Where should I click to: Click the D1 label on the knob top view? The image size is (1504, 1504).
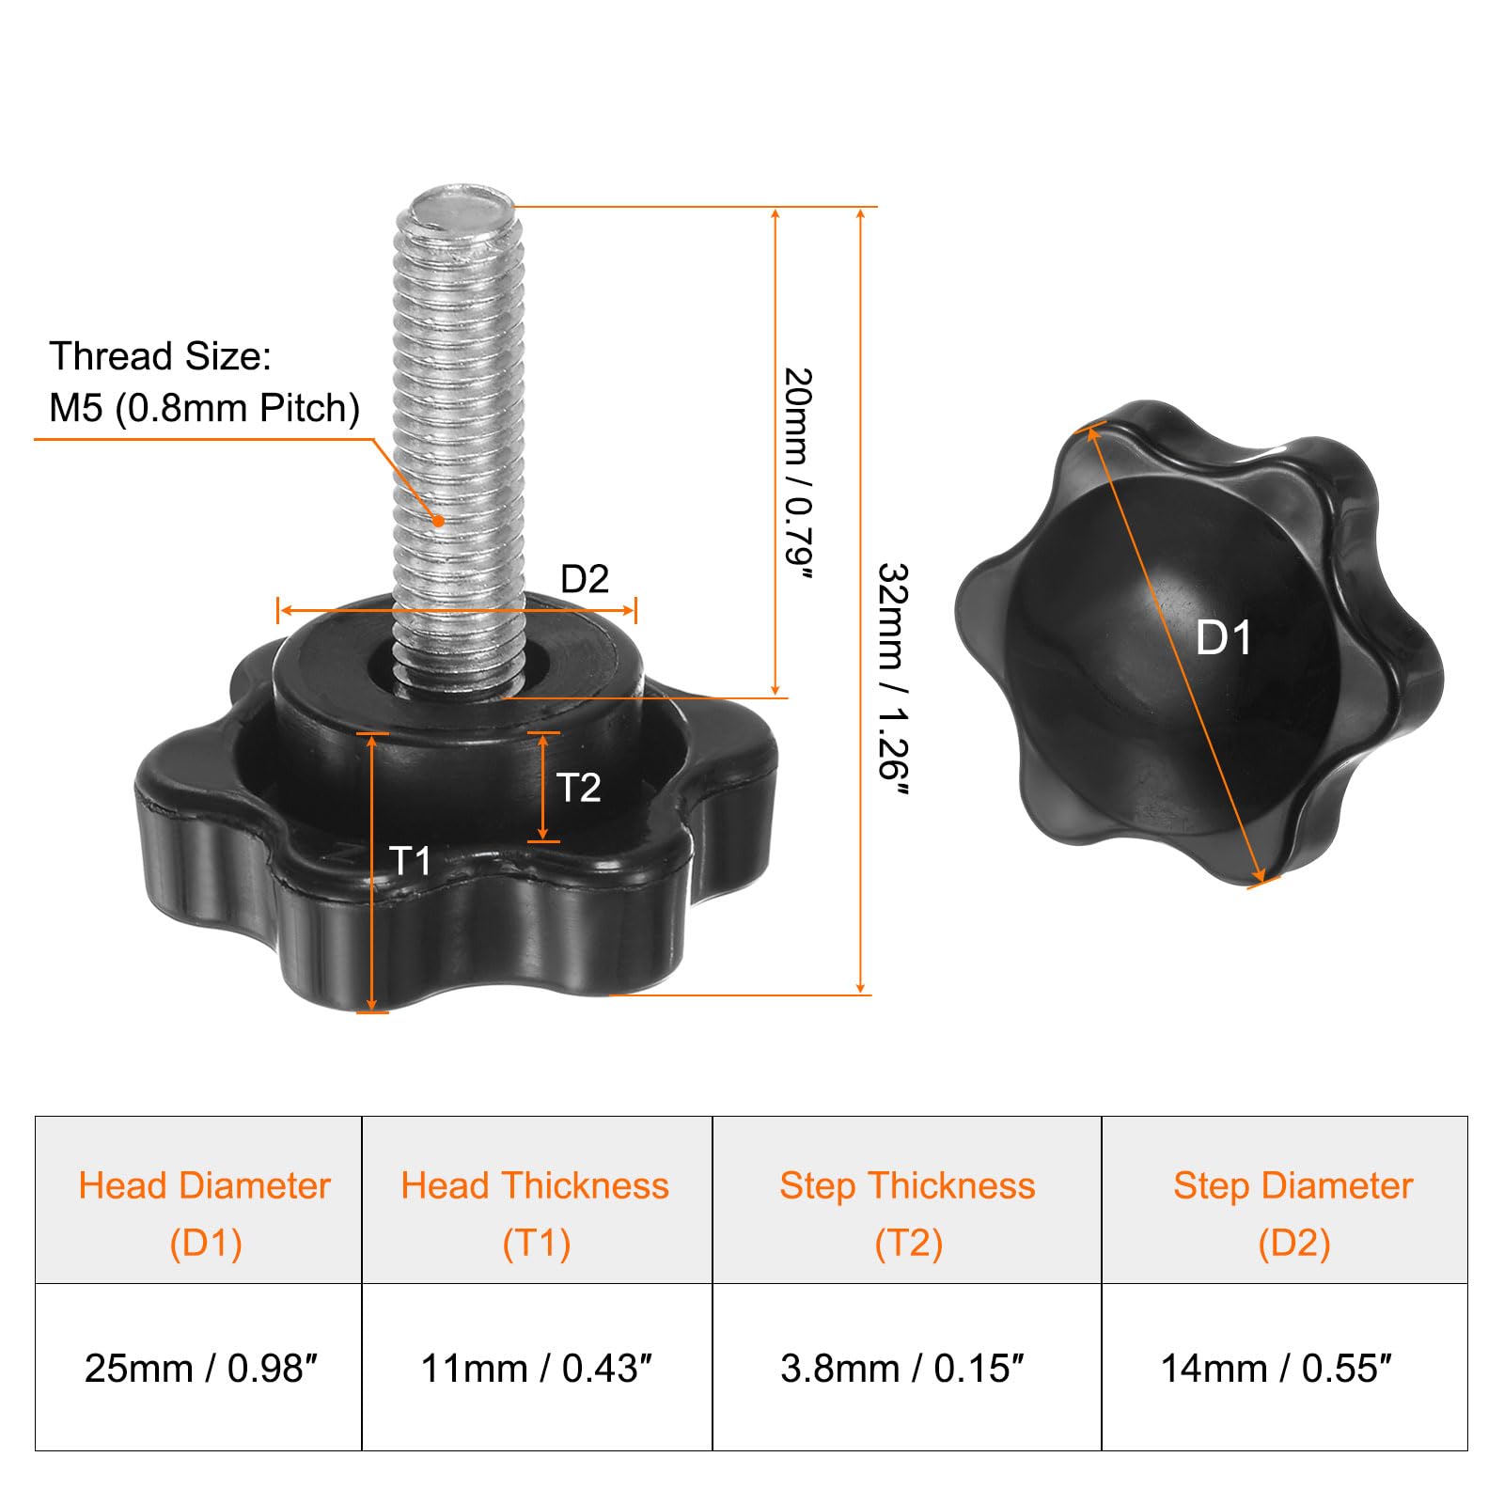click(x=1223, y=638)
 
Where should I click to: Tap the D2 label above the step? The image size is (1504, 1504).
click(x=584, y=579)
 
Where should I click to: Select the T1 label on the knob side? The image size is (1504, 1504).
click(x=410, y=860)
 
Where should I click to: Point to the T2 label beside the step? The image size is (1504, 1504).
click(x=578, y=788)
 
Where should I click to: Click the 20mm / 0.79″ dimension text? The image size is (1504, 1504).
click(x=798, y=475)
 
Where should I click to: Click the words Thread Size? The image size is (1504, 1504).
click(x=160, y=357)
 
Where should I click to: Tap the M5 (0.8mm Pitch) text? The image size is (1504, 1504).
click(x=204, y=408)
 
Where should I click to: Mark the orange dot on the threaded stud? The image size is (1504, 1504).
click(x=438, y=520)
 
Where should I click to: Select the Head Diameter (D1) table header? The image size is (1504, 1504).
click(x=205, y=1214)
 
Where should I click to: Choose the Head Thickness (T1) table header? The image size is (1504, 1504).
click(x=536, y=1214)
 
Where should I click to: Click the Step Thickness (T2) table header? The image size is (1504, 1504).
click(x=907, y=1214)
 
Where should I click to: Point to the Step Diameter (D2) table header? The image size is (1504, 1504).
click(x=1293, y=1214)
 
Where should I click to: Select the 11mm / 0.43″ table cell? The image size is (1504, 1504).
click(x=536, y=1369)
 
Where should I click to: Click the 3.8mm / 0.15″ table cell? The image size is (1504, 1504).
click(x=901, y=1369)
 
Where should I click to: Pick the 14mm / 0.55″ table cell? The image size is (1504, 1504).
click(x=1276, y=1369)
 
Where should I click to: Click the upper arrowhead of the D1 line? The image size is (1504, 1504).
click(x=1092, y=432)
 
